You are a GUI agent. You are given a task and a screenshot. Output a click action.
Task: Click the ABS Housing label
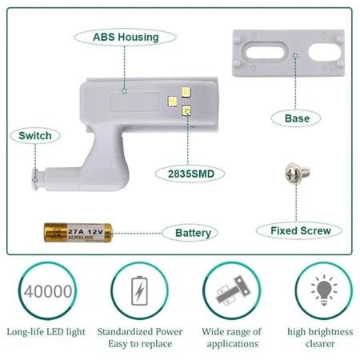[x=126, y=37]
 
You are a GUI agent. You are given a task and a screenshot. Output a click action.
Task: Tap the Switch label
[x=35, y=136]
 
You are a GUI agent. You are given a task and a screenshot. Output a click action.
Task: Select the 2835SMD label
[x=191, y=174]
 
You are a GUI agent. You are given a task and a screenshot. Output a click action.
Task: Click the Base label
[x=297, y=118]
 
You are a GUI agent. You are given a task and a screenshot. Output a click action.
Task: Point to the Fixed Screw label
[x=301, y=230]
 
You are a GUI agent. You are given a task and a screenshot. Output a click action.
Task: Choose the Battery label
[x=193, y=233]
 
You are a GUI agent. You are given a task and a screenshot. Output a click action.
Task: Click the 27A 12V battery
[x=78, y=233]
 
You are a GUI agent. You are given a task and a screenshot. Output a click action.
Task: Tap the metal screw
[x=297, y=174]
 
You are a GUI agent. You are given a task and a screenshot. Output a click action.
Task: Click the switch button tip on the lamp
[x=35, y=179]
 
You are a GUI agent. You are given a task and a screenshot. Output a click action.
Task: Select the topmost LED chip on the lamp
[x=186, y=92]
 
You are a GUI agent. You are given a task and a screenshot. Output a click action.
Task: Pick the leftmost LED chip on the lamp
[x=173, y=102]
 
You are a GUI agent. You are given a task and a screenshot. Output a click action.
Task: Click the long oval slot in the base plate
[x=265, y=51]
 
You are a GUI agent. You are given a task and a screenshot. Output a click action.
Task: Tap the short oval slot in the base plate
[x=325, y=51]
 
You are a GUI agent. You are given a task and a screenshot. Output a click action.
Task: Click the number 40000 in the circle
[x=48, y=291]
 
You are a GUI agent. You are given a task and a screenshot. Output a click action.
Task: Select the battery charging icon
[x=139, y=290]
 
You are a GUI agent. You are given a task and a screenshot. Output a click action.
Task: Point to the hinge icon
[x=233, y=290]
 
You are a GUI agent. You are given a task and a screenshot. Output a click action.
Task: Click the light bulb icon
[x=324, y=290]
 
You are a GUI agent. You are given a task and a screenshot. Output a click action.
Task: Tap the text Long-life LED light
[x=46, y=332]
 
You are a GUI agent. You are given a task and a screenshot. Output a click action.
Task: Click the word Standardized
[x=125, y=332]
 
